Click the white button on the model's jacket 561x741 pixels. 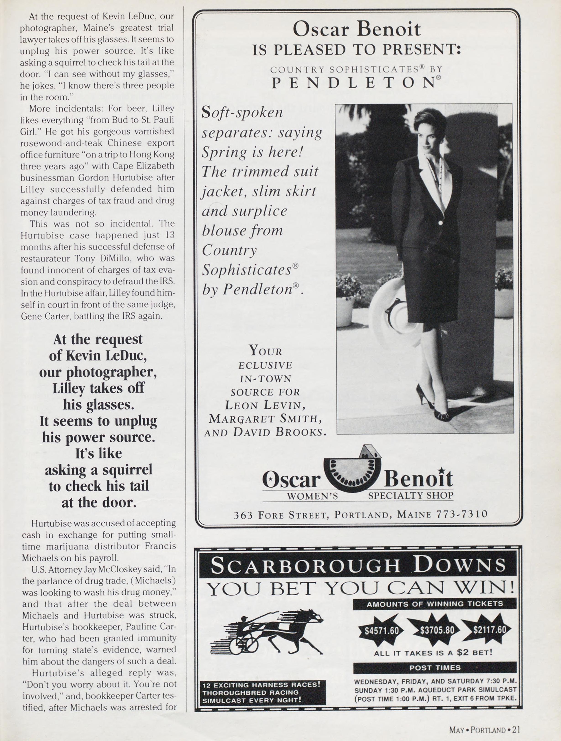440,223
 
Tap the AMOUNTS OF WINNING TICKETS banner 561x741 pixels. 435,604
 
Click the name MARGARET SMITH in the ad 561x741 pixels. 265,419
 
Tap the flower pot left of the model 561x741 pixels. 346,312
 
